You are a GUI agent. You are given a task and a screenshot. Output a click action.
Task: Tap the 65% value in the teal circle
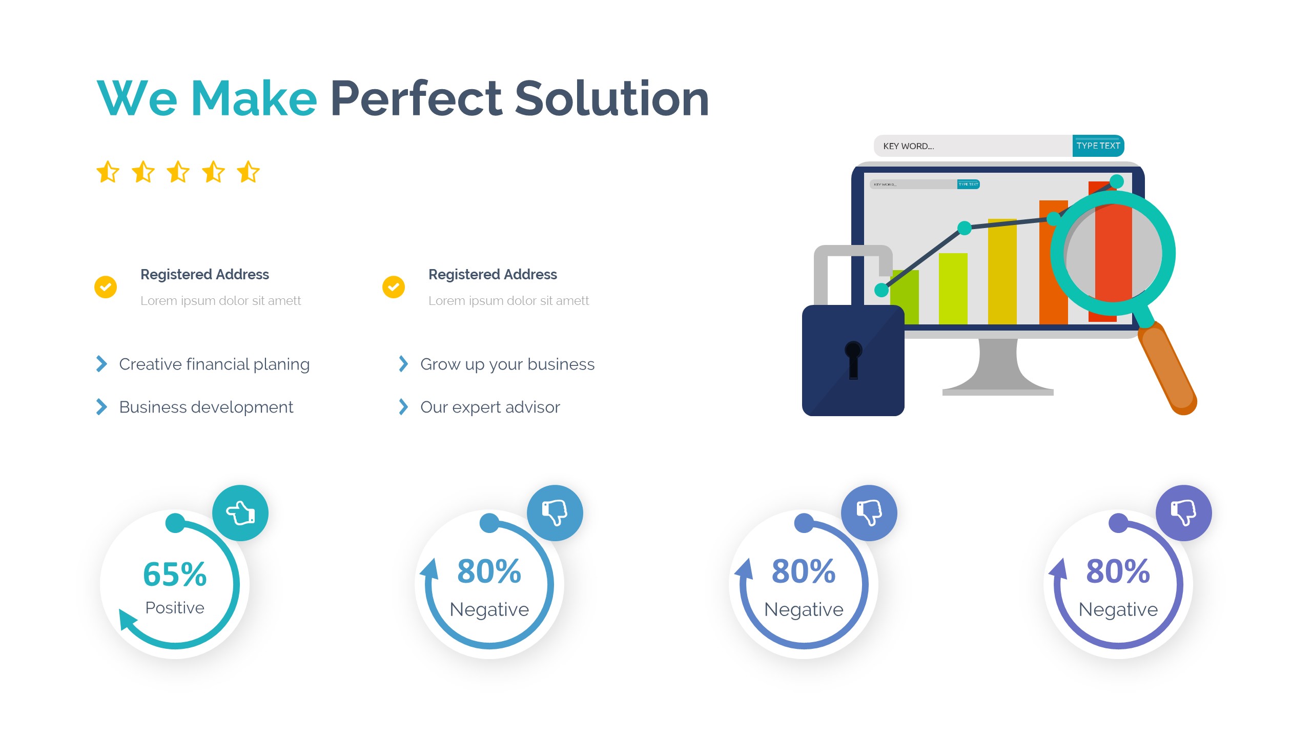175,574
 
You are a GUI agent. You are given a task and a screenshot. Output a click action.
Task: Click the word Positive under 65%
175,608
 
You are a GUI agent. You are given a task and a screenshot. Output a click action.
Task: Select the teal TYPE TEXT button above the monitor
1098,146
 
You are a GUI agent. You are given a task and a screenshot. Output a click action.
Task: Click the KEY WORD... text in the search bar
908,146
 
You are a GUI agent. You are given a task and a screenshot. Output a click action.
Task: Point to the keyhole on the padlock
853,359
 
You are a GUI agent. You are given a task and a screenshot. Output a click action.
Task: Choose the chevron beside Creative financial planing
101,364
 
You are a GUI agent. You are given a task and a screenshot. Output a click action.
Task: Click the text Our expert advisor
490,407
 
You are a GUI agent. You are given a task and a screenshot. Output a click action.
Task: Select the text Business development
206,407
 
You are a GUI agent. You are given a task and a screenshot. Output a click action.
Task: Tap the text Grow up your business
507,364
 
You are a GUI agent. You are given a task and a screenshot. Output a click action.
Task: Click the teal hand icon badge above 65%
240,513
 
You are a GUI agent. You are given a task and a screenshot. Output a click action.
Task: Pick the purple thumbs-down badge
1184,513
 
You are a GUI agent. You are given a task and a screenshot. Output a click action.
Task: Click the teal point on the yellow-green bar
965,228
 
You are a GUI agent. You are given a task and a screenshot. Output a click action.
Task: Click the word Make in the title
254,98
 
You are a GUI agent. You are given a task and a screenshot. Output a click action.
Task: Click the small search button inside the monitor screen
968,184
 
